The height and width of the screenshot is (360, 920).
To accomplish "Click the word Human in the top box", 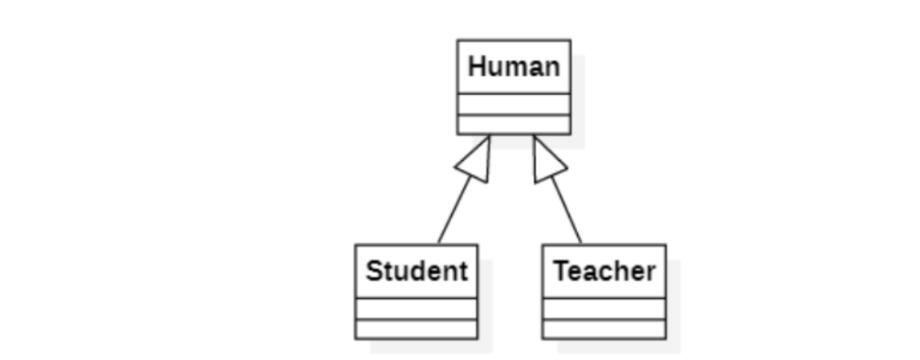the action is coord(514,66).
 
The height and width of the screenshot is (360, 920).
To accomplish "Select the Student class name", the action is coord(416,271).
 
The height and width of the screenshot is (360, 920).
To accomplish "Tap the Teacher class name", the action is coord(604,271).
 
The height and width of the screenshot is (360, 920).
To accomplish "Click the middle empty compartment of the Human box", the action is coord(514,105).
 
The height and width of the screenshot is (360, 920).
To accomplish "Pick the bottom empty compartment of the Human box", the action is coord(514,124).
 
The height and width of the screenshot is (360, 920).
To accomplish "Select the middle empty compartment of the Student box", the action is coord(416,309).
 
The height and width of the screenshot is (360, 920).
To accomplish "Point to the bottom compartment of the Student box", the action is coord(416,329).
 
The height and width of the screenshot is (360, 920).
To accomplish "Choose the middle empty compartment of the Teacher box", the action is coord(604,309).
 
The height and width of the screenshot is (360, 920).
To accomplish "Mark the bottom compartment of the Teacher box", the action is coord(604,329).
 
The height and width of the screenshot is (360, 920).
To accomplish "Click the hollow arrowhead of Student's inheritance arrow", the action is coord(477,161).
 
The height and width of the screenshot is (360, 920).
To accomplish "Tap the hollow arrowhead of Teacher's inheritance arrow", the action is coord(546,161).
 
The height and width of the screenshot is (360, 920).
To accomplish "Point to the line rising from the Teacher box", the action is coord(567,210).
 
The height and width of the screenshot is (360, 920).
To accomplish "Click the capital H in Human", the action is coord(476,66).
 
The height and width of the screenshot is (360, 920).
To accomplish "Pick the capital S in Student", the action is coord(374,271).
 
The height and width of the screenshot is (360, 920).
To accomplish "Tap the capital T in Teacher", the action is coord(561,271).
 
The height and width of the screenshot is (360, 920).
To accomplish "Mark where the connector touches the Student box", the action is coord(438,243).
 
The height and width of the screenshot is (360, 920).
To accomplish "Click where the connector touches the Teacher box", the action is coord(581,243).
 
